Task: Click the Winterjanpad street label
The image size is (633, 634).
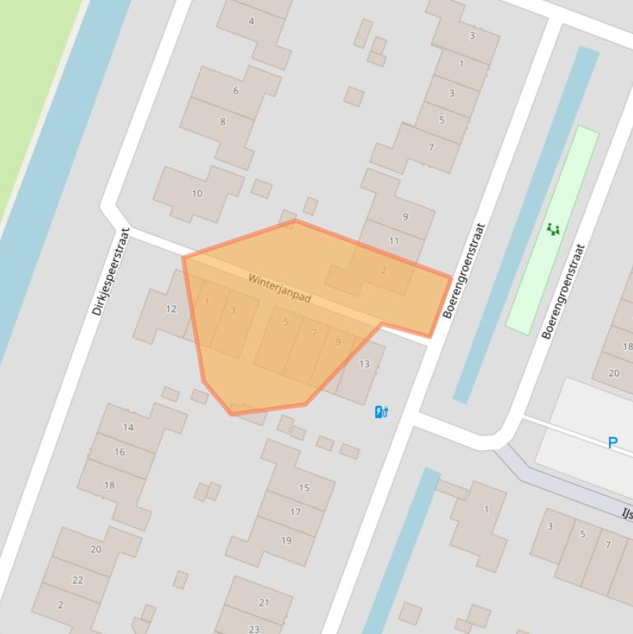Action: pyautogui.click(x=280, y=288)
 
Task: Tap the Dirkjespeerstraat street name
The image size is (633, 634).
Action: pyautogui.click(x=111, y=273)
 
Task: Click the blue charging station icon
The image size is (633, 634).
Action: pyautogui.click(x=381, y=412)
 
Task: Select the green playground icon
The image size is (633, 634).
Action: pyautogui.click(x=553, y=229)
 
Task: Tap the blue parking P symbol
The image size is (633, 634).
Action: pyautogui.click(x=612, y=443)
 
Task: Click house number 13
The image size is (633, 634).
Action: pyautogui.click(x=365, y=363)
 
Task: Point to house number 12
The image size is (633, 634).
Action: pyautogui.click(x=171, y=309)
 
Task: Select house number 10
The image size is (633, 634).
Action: pyautogui.click(x=197, y=193)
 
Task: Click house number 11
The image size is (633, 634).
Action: pyautogui.click(x=394, y=240)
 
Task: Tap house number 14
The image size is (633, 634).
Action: pyautogui.click(x=128, y=427)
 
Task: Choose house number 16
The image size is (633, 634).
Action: pyautogui.click(x=120, y=451)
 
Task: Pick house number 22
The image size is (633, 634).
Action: pyautogui.click(x=77, y=580)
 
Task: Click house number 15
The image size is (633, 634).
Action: pyautogui.click(x=304, y=487)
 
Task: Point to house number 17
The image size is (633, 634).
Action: pyautogui.click(x=296, y=511)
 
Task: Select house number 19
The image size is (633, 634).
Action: pyautogui.click(x=286, y=540)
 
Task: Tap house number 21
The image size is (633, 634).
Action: pyautogui.click(x=264, y=602)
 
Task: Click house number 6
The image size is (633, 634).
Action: pyautogui.click(x=235, y=91)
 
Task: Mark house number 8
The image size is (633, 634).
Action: pyautogui.click(x=222, y=122)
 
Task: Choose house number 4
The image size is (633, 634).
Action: pyautogui.click(x=252, y=21)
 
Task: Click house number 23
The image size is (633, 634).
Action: pyautogui.click(x=254, y=629)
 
